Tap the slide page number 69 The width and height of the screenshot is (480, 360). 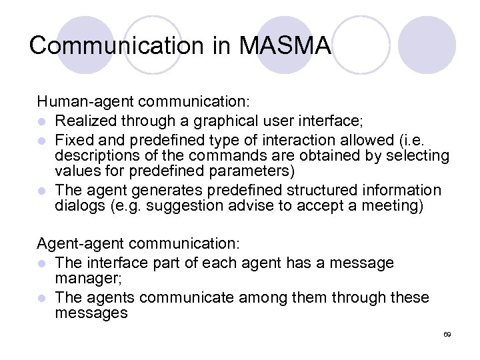(x=447, y=333)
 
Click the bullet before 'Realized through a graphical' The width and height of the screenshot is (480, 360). (x=42, y=121)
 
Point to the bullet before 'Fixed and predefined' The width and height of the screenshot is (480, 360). (x=42, y=140)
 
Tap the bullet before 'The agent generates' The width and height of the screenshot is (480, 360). (x=42, y=191)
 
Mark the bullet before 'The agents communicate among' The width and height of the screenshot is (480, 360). (x=42, y=297)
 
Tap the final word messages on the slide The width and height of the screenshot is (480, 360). (x=91, y=313)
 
